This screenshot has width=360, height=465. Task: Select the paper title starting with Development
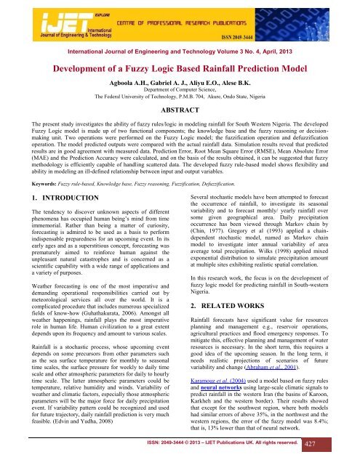tap(180, 69)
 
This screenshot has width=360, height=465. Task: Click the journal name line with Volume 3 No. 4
tap(180, 52)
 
